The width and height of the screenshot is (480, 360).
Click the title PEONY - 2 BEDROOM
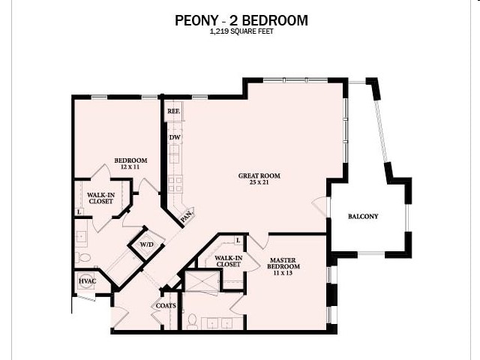tap(241, 20)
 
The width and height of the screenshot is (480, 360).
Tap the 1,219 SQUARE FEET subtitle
tap(241, 33)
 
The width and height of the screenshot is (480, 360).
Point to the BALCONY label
tap(363, 217)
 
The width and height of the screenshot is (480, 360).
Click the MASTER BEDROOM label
tap(284, 263)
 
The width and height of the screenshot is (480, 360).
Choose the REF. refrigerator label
tap(173, 111)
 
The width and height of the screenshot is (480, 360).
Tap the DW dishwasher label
tap(174, 137)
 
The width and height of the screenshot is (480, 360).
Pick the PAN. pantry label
tap(185, 216)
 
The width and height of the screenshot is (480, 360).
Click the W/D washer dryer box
tap(146, 244)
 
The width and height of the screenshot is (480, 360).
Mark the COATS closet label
tap(165, 305)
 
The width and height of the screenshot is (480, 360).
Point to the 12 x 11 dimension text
tap(130, 167)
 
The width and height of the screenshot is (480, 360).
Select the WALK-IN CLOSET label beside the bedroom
tap(100, 198)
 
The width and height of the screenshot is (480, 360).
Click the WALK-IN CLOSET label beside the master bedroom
tap(227, 260)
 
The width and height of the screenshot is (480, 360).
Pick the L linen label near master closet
tap(238, 240)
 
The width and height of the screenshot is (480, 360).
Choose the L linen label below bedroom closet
tap(79, 212)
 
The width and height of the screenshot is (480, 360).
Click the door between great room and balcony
tap(322, 207)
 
